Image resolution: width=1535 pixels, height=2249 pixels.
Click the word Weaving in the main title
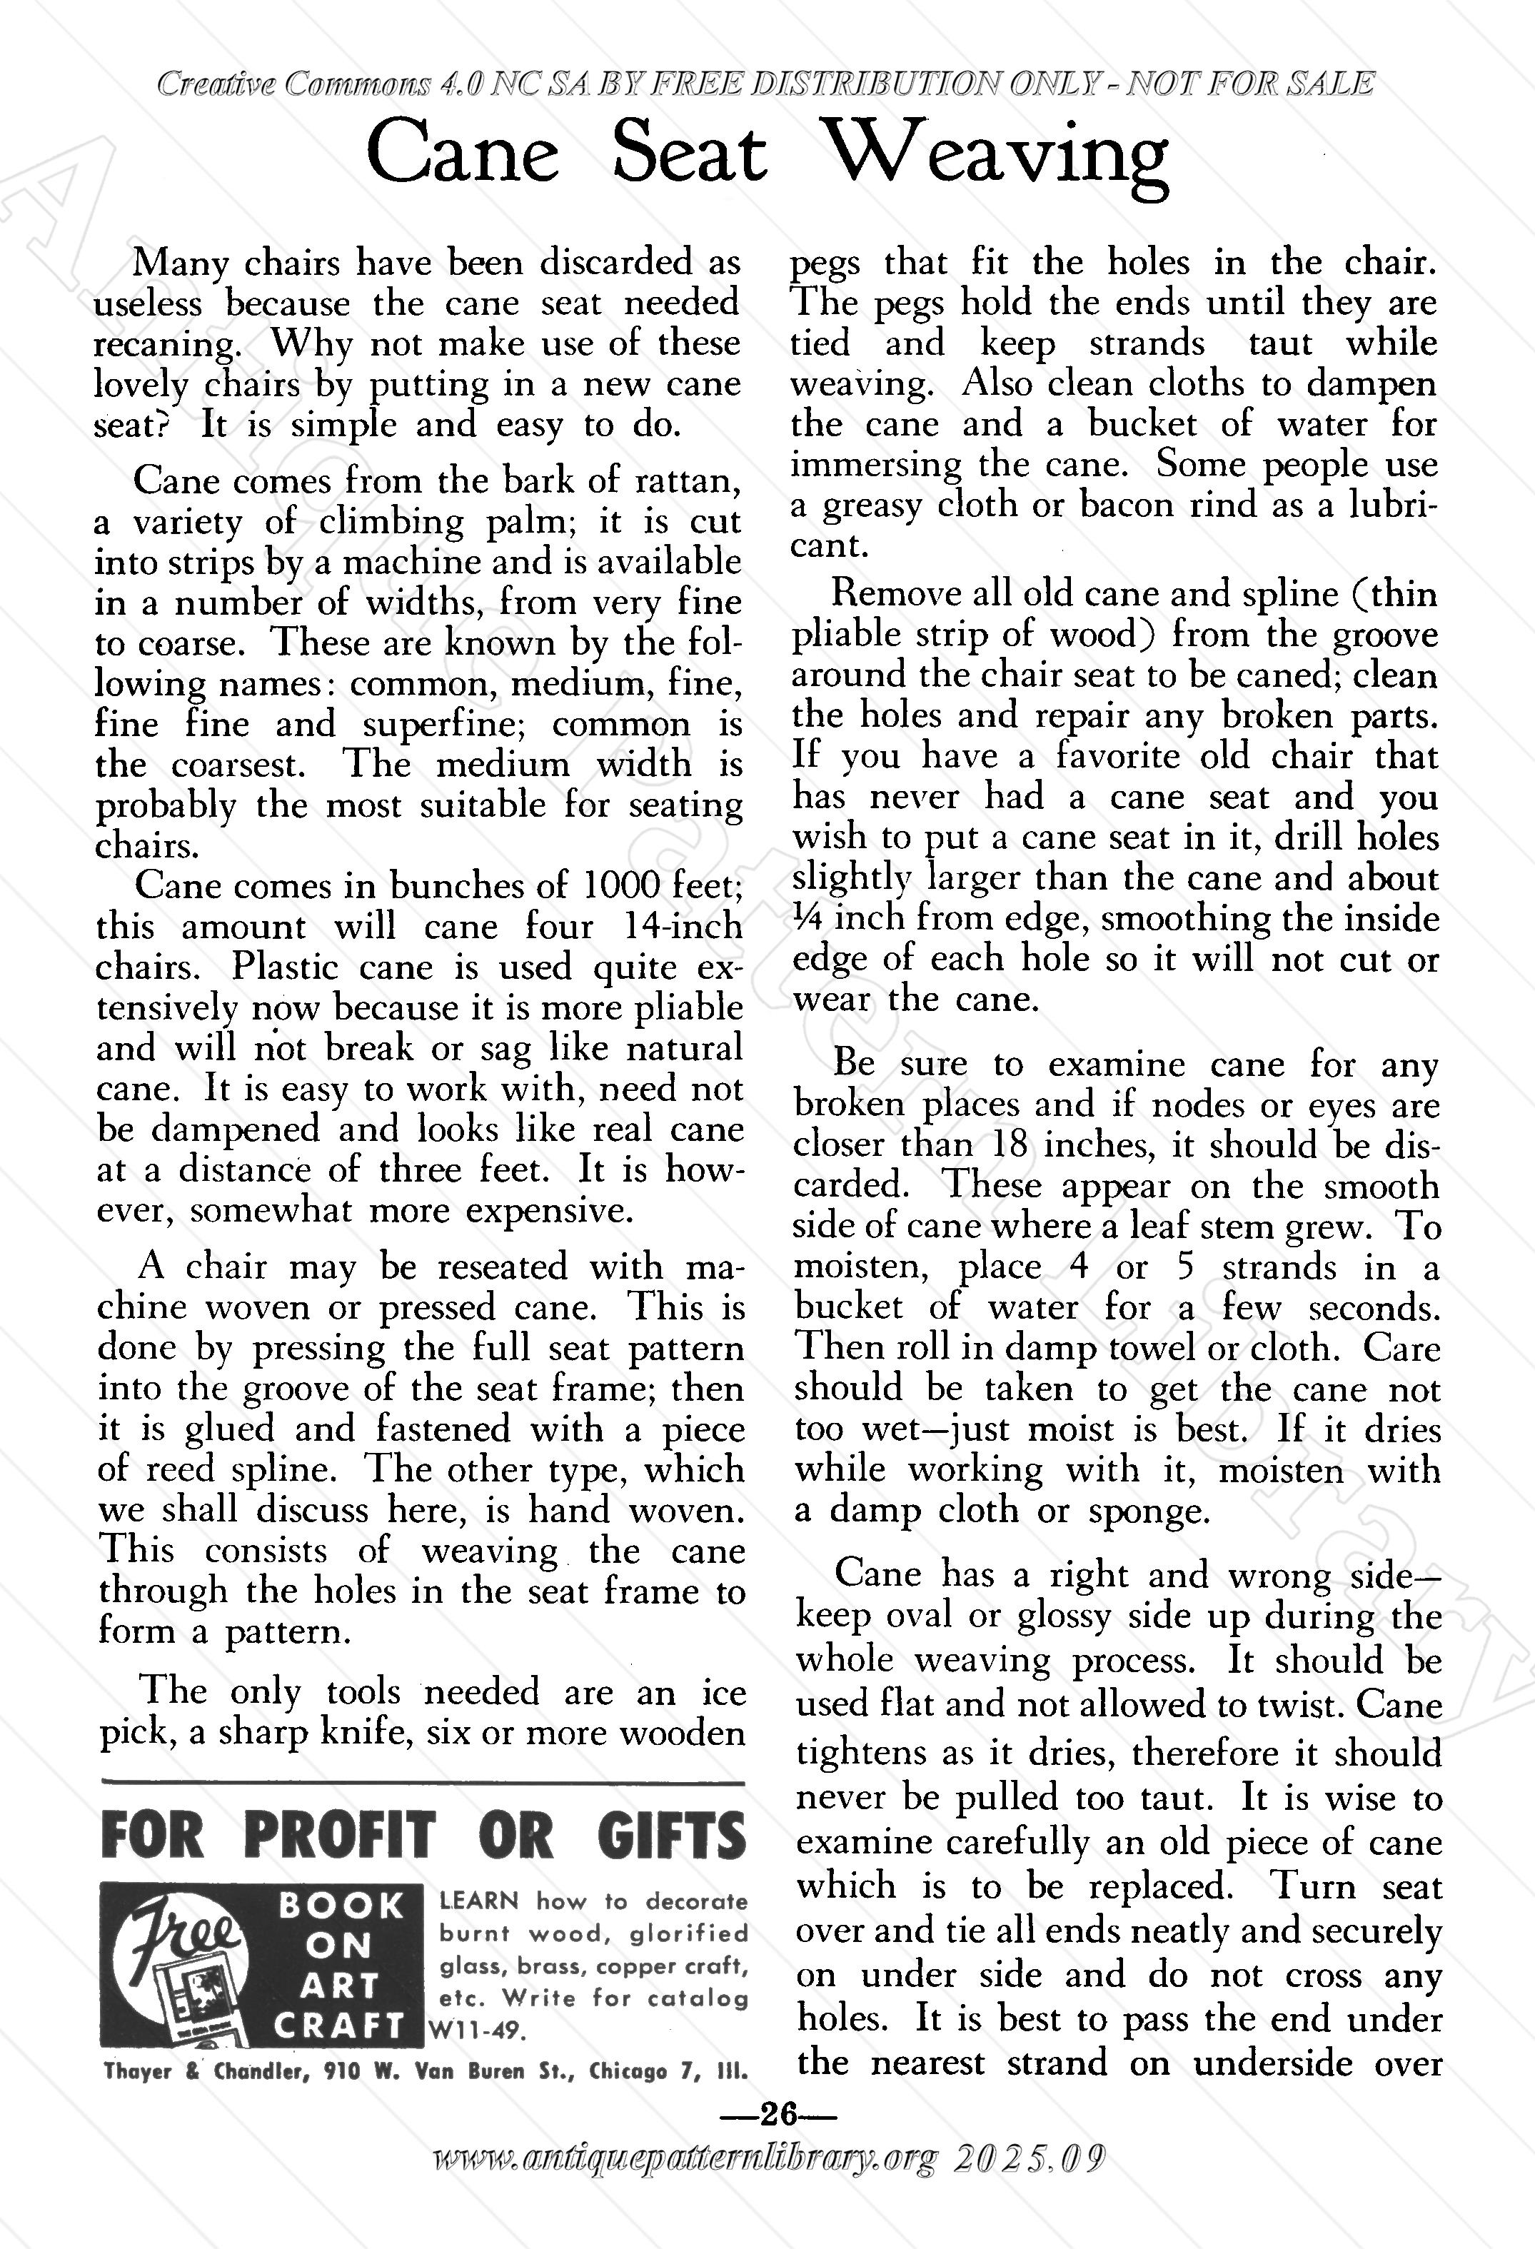999,157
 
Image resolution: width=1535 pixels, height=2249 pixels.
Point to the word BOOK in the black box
341,1906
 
